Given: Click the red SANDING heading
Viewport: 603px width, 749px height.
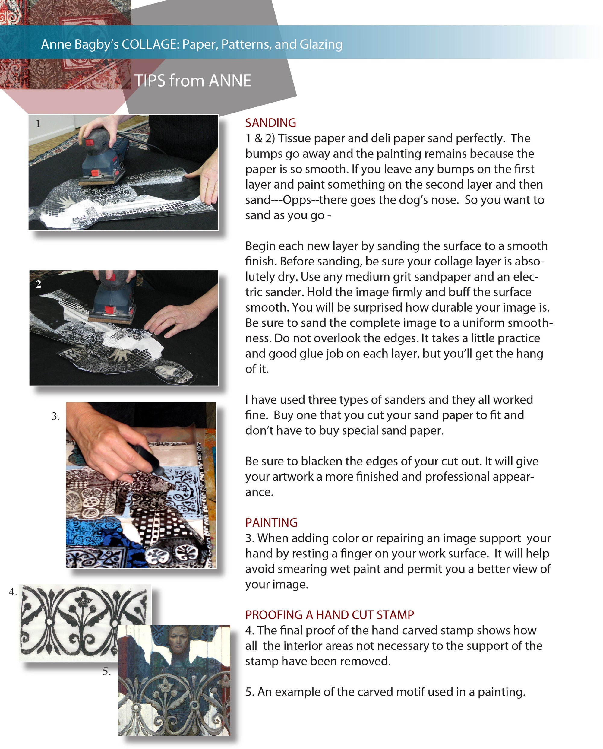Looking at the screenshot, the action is [x=270, y=123].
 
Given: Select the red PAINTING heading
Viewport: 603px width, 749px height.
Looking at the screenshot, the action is [x=271, y=522].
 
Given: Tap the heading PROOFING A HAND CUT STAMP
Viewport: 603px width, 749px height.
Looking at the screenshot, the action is [x=329, y=615].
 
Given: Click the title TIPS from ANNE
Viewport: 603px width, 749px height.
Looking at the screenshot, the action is [x=193, y=81].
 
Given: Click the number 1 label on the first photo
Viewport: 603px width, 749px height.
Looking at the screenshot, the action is [x=38, y=123].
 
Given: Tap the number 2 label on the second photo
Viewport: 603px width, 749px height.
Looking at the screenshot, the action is [x=38, y=284].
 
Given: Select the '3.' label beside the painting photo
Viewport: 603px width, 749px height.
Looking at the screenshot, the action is [x=55, y=416].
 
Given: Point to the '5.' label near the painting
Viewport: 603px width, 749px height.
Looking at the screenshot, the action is [x=107, y=671].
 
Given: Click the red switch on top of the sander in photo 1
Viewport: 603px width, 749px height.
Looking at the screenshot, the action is [x=90, y=142].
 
